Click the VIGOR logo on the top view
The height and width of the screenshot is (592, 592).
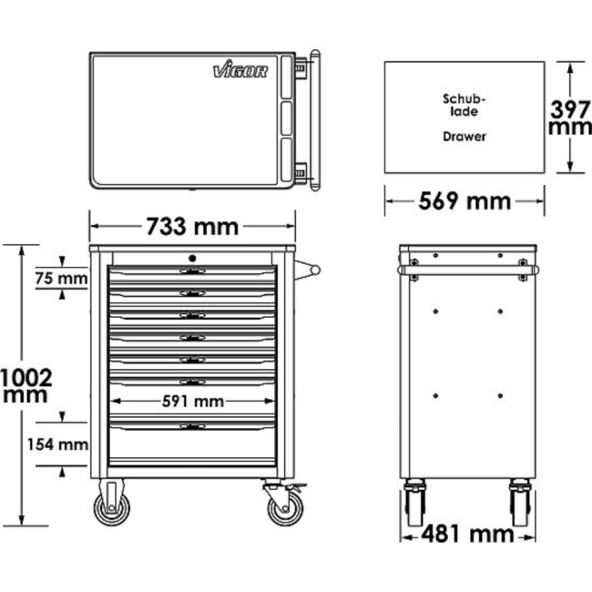pyautogui.click(x=240, y=70)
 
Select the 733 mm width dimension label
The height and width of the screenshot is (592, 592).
pyautogui.click(x=192, y=226)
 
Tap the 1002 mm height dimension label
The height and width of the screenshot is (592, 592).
pyautogui.click(x=26, y=384)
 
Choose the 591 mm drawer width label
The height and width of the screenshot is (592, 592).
pyautogui.click(x=192, y=401)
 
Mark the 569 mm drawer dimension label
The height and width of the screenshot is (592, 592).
pyautogui.click(x=464, y=200)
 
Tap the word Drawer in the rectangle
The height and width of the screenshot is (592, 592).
pyautogui.click(x=464, y=137)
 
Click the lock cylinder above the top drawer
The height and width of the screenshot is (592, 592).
pyautogui.click(x=192, y=259)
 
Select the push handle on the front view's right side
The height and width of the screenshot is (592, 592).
pyautogui.click(x=310, y=270)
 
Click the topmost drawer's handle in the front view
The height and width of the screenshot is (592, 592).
pyautogui.click(x=192, y=271)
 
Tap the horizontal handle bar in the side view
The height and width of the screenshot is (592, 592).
pyautogui.click(x=467, y=270)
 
